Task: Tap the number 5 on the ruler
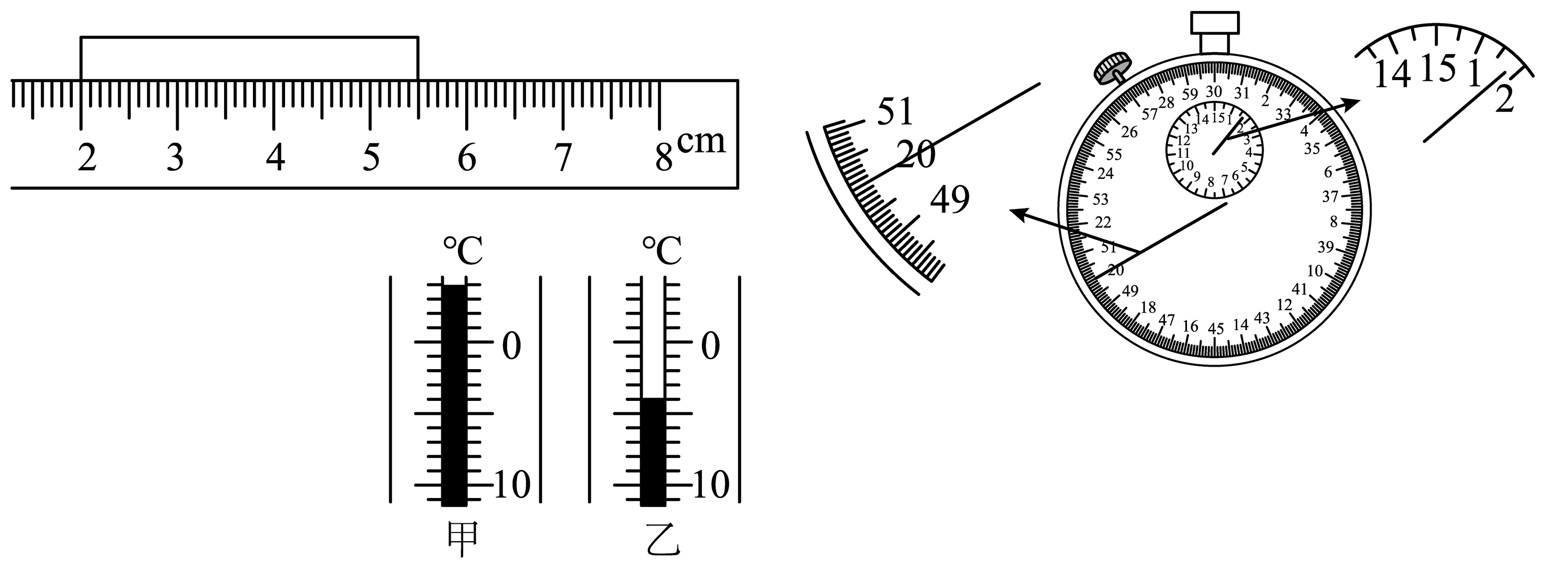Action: (x=371, y=158)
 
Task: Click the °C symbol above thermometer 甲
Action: (x=463, y=251)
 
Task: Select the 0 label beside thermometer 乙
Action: (x=710, y=346)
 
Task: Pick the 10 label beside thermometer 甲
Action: (x=512, y=485)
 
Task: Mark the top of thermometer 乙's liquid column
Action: (x=652, y=398)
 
